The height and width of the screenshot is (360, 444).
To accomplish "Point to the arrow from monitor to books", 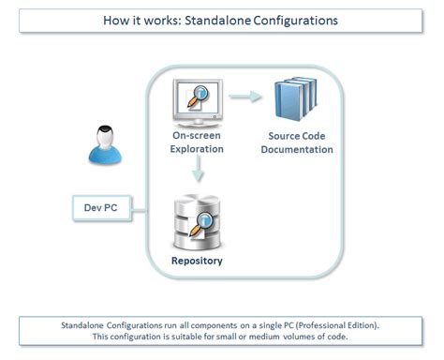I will click(245, 96).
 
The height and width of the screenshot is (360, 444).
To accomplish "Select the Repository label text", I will click(197, 260).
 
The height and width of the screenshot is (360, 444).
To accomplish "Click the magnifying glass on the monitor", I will click(204, 97).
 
